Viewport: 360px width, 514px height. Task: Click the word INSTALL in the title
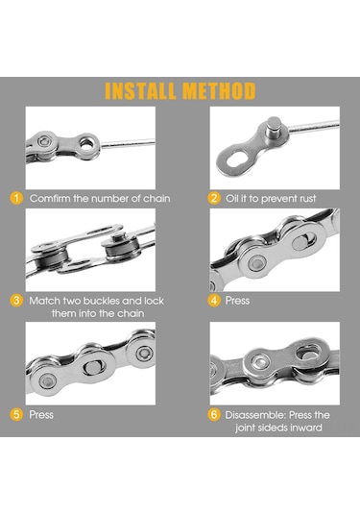140,91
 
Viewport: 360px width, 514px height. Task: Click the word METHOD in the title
219,91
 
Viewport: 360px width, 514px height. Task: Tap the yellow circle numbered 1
16,198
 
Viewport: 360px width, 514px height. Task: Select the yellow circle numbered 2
214,198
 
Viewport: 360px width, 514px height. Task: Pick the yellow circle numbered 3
16,301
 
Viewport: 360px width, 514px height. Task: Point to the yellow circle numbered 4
214,301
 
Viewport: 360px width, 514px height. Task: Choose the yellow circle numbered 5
16,415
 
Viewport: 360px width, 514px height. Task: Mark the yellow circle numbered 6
214,415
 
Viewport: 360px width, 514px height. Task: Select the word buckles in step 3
101,301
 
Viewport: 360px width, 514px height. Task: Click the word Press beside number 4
237,301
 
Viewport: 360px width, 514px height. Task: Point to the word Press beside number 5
41,415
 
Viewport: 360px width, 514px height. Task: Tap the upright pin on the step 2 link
274,128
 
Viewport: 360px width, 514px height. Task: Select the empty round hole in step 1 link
86,144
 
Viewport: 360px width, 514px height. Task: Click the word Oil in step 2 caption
231,198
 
